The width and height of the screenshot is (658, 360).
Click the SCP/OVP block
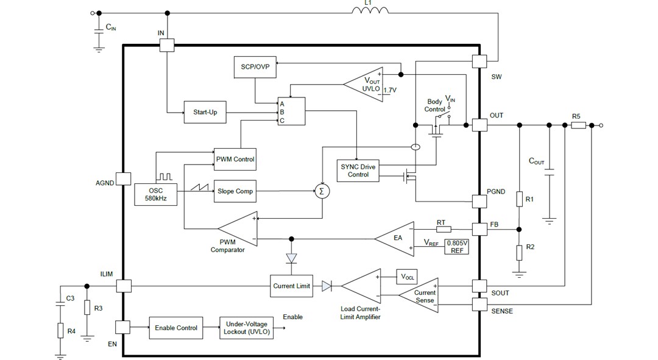(255, 67)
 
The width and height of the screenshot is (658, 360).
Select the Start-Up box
(200, 113)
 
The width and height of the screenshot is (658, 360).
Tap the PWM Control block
(235, 159)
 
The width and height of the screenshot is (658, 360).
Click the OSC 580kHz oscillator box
(155, 194)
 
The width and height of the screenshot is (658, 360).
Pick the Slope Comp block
(235, 191)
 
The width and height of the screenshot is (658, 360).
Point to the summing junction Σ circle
(322, 191)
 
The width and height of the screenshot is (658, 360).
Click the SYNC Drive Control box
(358, 170)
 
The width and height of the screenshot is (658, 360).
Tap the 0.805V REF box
(456, 246)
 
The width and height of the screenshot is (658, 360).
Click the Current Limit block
(291, 286)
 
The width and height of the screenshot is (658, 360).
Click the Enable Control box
(175, 328)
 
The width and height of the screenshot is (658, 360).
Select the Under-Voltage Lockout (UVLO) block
(246, 328)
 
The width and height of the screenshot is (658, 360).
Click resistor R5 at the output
(578, 125)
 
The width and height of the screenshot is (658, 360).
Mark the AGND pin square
(124, 178)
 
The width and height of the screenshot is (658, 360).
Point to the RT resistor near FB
(443, 229)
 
